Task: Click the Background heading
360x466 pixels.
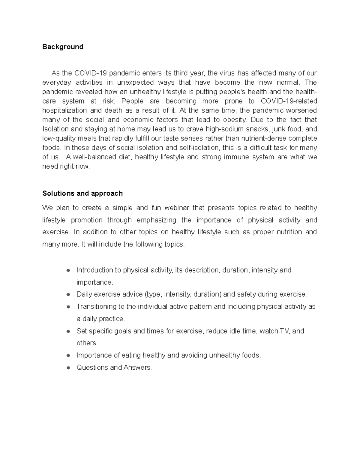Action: coord(63,47)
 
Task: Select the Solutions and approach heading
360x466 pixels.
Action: coord(82,193)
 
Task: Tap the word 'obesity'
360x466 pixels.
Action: coord(235,120)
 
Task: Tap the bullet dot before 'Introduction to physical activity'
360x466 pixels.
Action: coord(68,270)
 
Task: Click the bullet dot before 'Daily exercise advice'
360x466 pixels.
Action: coord(68,294)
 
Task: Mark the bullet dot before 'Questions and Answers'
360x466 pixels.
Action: coord(68,368)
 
